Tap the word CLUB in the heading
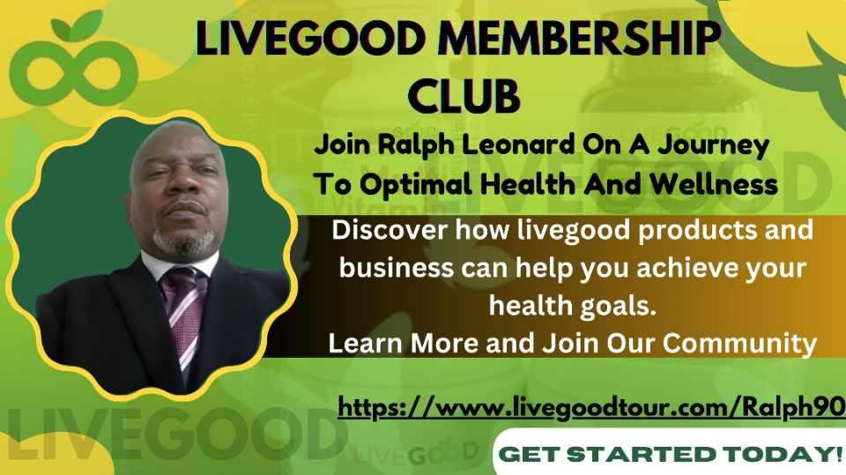click(x=467, y=95)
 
